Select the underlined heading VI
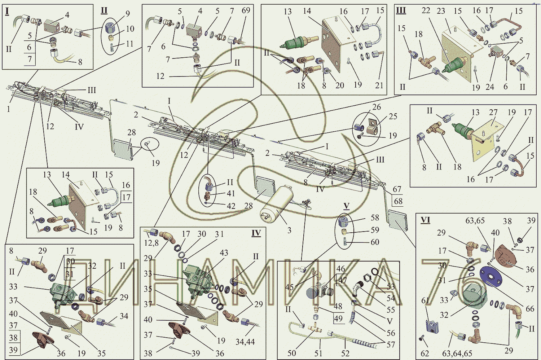pyautogui.click(x=425, y=220)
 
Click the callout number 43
pyautogui.click(x=224, y=253)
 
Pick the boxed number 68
pyautogui.click(x=398, y=201)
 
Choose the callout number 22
pyautogui.click(x=426, y=10)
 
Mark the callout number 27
pyautogui.click(x=493, y=112)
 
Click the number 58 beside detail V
pyautogui.click(x=375, y=218)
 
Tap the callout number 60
pyautogui.click(x=375, y=242)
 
